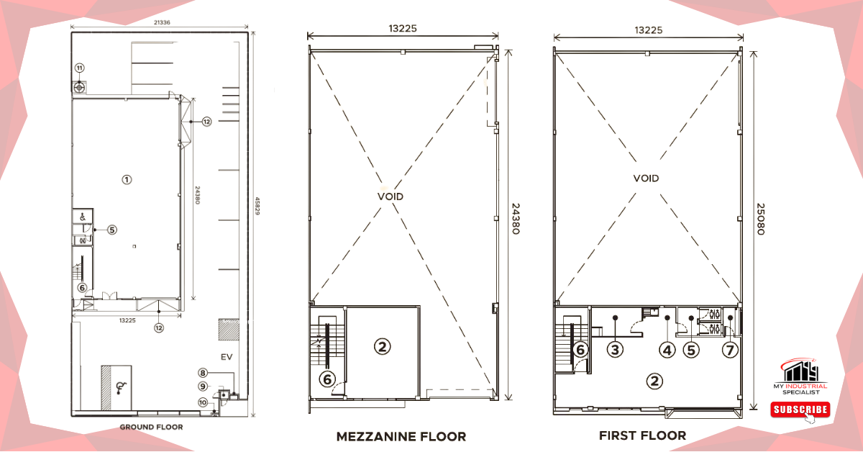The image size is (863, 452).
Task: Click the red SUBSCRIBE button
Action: (x=800, y=410)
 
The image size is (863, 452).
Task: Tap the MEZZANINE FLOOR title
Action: (x=401, y=437)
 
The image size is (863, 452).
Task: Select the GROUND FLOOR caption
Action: (x=151, y=427)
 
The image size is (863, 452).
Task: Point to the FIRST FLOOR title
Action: (x=642, y=435)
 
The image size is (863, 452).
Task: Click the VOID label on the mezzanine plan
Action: (x=391, y=196)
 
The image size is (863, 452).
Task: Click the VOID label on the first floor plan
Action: (x=646, y=178)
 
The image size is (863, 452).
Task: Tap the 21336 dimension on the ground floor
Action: (x=162, y=22)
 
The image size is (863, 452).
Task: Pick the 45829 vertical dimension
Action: (x=257, y=206)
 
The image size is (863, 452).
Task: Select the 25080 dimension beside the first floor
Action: (x=761, y=219)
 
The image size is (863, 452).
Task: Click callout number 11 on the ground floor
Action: (x=79, y=68)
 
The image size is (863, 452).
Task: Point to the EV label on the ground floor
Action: (x=227, y=357)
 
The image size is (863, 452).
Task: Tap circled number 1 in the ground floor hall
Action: (x=127, y=180)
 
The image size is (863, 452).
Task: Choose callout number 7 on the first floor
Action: (x=730, y=351)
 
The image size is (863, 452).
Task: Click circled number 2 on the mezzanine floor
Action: (x=382, y=346)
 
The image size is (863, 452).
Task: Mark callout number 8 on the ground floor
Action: (x=203, y=373)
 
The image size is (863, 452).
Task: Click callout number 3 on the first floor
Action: (x=615, y=350)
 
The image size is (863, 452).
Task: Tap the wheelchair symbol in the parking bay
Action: (x=121, y=388)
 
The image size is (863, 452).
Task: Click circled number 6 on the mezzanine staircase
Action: (x=327, y=379)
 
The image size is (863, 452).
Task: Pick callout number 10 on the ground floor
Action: (x=203, y=402)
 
